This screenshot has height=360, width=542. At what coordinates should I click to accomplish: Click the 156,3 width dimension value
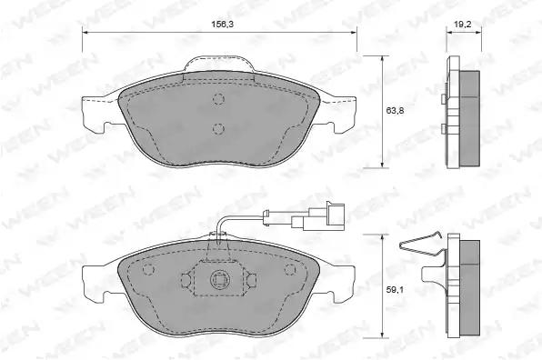(x=221, y=24)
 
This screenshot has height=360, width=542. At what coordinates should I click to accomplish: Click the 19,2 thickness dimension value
(x=463, y=24)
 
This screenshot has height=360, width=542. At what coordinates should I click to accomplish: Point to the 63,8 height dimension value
(x=395, y=111)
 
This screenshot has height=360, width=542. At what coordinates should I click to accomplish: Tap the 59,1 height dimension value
(x=395, y=290)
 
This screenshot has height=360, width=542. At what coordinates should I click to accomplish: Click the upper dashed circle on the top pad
(x=218, y=99)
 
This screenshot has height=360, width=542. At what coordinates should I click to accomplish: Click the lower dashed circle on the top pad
(x=218, y=128)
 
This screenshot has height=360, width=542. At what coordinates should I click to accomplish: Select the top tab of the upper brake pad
(x=219, y=65)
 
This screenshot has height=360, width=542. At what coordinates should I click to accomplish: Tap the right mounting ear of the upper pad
(x=337, y=114)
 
